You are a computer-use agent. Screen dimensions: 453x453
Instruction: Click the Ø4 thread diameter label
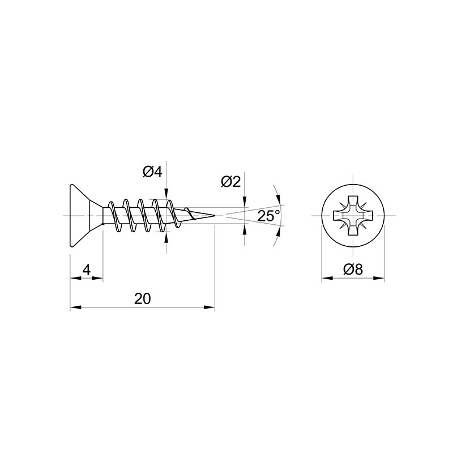152,173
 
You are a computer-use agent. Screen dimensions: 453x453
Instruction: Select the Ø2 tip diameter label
230,182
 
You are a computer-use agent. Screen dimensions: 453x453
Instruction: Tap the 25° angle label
268,216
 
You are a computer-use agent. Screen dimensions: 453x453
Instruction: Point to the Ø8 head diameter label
353,270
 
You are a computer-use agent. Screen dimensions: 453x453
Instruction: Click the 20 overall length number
143,299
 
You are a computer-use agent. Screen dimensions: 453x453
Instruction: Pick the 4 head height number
87,270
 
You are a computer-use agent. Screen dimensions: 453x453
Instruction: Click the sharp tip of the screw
215,216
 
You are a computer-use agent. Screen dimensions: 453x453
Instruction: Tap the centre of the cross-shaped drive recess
353,216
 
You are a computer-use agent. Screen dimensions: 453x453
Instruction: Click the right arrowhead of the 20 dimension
209,307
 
